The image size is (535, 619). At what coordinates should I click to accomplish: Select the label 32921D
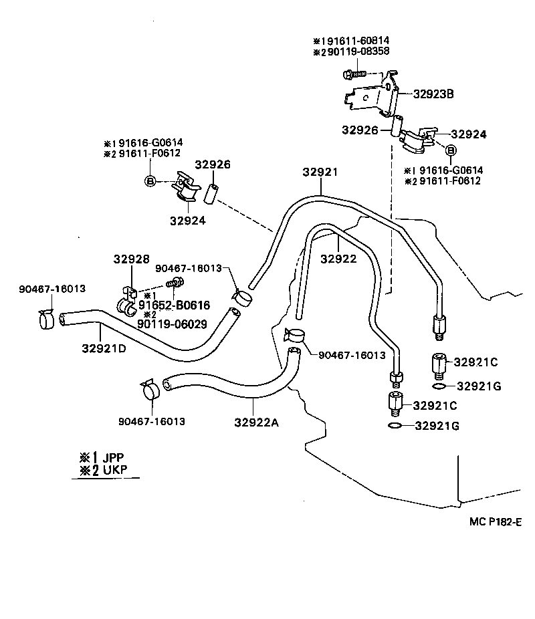[104, 348]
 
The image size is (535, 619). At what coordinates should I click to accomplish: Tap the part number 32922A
[257, 422]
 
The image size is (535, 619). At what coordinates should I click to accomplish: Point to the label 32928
[126, 259]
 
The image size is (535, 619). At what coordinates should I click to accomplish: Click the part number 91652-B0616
[174, 305]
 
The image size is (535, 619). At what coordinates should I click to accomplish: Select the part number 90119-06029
[171, 324]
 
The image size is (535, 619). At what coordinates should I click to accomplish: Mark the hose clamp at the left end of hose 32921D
[46, 319]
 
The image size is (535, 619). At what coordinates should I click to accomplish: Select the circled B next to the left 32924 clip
[151, 180]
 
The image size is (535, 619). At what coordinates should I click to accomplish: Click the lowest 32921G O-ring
[395, 426]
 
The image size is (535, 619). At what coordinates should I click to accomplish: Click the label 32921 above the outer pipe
[318, 172]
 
